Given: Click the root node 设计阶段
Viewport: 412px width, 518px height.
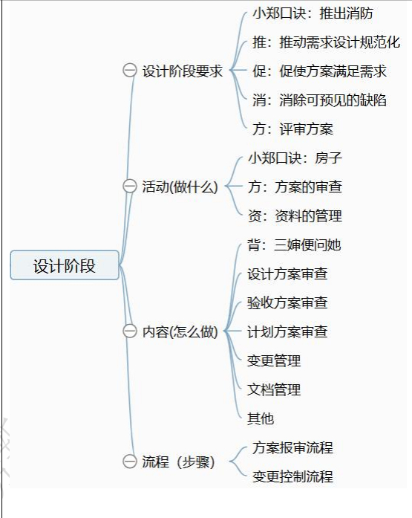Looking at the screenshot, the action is [x=65, y=265].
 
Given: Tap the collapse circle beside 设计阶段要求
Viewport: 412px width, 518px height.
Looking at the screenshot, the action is [x=130, y=71].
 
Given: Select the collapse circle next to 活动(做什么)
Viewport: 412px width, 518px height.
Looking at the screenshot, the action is [x=130, y=186].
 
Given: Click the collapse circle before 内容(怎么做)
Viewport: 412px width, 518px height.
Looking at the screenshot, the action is [x=130, y=331].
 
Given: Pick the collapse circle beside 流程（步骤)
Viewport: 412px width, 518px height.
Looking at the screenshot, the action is [x=130, y=462].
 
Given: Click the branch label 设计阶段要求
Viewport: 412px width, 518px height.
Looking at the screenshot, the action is [x=183, y=71].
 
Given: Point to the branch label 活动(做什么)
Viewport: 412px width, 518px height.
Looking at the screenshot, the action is [x=180, y=187].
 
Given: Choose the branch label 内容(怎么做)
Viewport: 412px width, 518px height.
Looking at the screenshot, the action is [x=180, y=331].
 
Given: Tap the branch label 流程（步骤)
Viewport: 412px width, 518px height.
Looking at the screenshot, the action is [x=178, y=462].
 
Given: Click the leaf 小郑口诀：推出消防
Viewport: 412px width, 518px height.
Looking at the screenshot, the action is [x=313, y=13].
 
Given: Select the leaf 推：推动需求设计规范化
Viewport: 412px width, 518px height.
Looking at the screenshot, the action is [x=326, y=42].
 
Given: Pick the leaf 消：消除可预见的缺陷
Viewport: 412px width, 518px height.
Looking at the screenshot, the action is [x=319, y=100].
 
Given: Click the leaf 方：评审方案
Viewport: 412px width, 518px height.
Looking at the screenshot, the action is [x=293, y=129].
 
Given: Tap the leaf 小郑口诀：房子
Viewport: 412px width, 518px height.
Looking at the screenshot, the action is [x=295, y=158].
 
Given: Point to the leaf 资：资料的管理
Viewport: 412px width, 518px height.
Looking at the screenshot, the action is [x=295, y=216].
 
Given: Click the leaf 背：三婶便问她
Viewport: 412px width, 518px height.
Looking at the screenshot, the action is [x=294, y=245].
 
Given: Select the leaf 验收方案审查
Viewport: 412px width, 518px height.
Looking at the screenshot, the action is [x=287, y=302].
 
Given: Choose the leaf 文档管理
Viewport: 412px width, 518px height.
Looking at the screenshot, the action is [x=274, y=389].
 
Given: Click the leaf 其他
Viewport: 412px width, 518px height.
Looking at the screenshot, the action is [x=261, y=418].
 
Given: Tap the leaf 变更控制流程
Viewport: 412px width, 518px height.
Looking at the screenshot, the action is [x=293, y=476].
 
